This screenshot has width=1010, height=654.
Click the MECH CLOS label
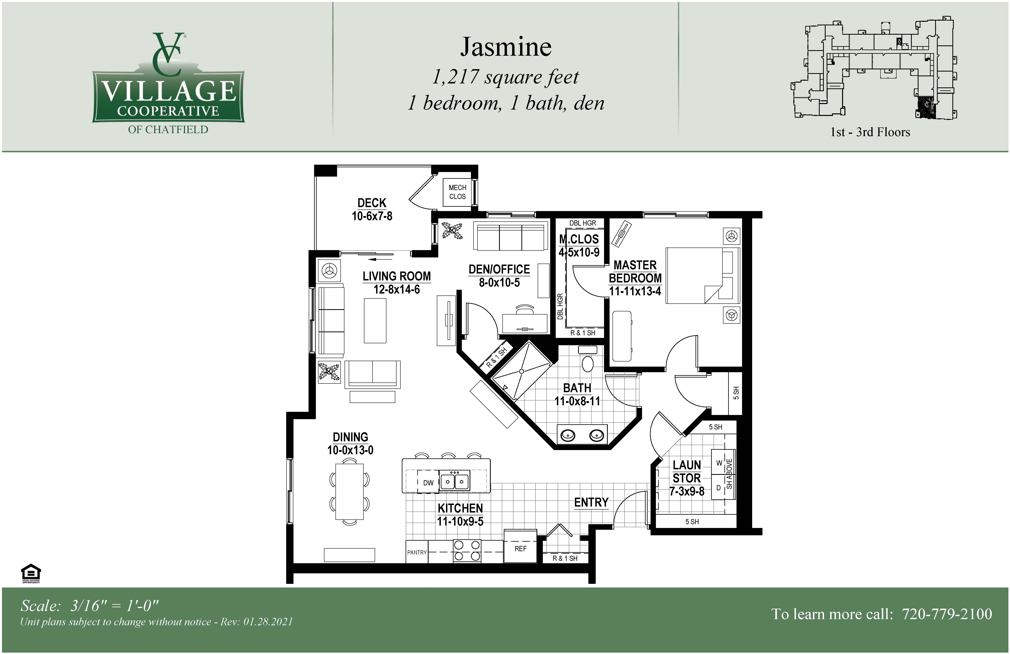(457, 192)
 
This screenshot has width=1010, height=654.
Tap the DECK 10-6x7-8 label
(372, 209)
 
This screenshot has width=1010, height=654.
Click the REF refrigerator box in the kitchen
(520, 546)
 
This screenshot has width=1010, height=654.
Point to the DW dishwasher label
(428, 483)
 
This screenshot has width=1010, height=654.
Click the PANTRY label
(417, 553)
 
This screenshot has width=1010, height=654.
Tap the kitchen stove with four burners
(467, 551)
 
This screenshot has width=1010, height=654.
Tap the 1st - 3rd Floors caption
(870, 132)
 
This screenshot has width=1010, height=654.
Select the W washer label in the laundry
(719, 463)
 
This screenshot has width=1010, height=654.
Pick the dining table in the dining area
(349, 491)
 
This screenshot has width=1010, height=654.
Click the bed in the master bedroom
(702, 276)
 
